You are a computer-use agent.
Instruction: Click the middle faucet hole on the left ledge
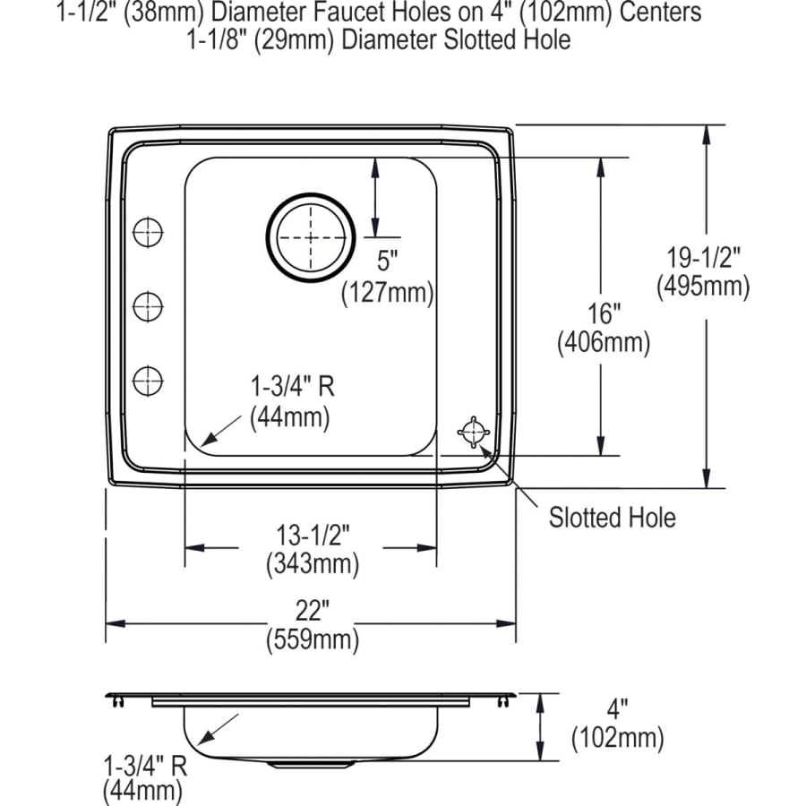pyautogui.click(x=148, y=307)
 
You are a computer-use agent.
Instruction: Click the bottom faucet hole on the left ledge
pyautogui.click(x=148, y=381)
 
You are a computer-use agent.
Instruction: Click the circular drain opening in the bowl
pyautogui.click(x=310, y=237)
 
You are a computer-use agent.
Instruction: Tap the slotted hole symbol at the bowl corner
pyautogui.click(x=472, y=432)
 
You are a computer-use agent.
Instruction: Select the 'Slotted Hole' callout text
pyautogui.click(x=612, y=517)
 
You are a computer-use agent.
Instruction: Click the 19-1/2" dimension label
pyautogui.click(x=703, y=259)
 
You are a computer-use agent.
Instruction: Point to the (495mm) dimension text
pyautogui.click(x=703, y=287)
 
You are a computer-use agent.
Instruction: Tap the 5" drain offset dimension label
pyautogui.click(x=387, y=262)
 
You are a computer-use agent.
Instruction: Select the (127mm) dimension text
pyautogui.click(x=387, y=292)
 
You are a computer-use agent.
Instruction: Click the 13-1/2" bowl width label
pyautogui.click(x=312, y=535)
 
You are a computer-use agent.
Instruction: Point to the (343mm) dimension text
pyautogui.click(x=312, y=564)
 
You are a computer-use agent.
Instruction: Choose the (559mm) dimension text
pyautogui.click(x=312, y=639)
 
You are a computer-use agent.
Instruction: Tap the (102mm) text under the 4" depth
pyautogui.click(x=617, y=738)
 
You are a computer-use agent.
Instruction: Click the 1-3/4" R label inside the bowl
pyautogui.click(x=291, y=386)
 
